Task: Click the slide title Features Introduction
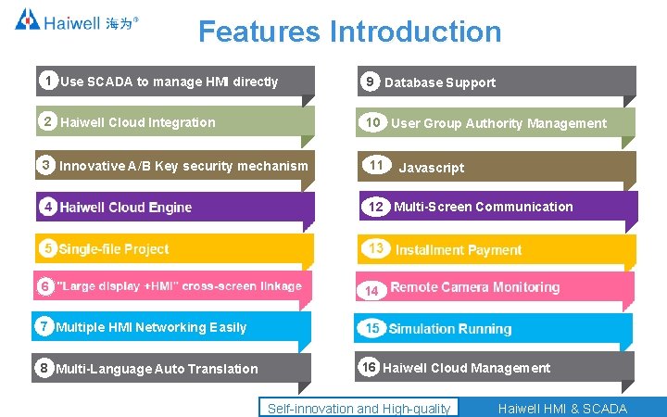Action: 349,32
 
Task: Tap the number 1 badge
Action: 47,80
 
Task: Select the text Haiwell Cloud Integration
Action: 137,122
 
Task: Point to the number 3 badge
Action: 45,165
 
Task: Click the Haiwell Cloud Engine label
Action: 125,207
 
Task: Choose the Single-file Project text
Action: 114,248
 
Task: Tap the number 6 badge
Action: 44,286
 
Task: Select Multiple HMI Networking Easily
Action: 151,326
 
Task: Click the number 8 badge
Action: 44,368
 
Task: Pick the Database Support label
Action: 440,82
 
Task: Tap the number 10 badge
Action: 373,122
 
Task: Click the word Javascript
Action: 431,168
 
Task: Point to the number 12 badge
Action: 375,207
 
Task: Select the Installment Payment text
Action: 459,249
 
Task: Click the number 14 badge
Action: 371,290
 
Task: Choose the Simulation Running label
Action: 450,329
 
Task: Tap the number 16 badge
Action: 370,367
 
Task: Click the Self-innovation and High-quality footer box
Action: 359,409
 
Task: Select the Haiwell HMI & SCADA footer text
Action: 562,409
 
